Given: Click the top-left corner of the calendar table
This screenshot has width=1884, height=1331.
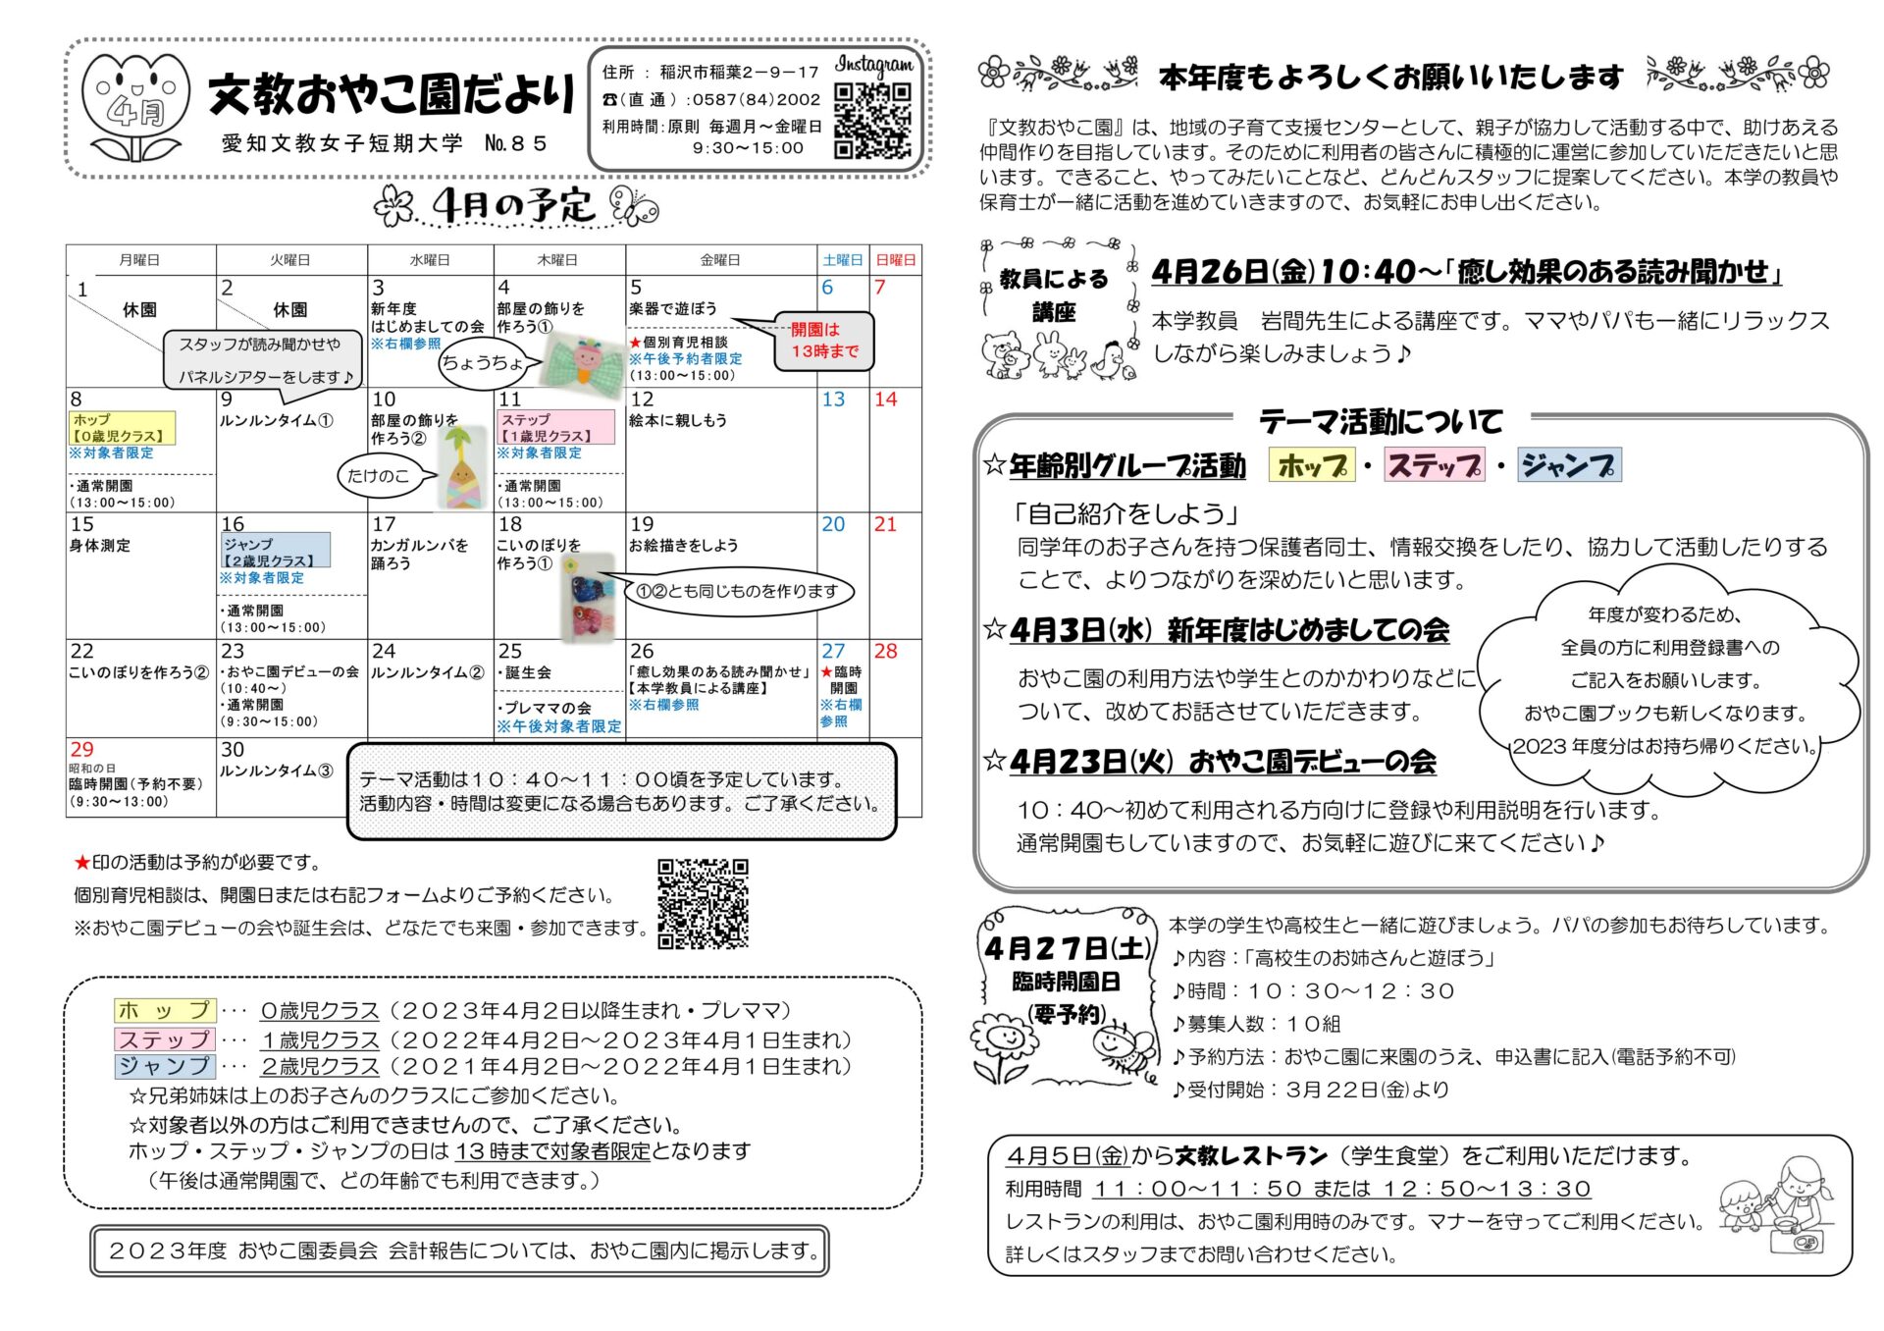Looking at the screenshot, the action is click(67, 245).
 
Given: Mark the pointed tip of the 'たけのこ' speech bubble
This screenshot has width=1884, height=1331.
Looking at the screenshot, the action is click(439, 476).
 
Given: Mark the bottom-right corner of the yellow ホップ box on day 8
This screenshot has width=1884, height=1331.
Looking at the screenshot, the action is click(176, 444).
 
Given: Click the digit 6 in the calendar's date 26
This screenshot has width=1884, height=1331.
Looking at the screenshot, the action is click(648, 651).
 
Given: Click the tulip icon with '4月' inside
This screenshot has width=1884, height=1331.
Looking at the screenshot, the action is click(135, 106).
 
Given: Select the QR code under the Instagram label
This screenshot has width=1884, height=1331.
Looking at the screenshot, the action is click(872, 121).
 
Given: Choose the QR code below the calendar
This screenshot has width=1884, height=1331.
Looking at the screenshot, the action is click(703, 904).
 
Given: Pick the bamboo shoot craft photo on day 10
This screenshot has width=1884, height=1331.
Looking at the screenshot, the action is click(465, 467).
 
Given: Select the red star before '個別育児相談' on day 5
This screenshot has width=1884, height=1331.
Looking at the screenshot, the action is click(635, 343).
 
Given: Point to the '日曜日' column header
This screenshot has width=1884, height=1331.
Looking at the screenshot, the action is click(895, 260).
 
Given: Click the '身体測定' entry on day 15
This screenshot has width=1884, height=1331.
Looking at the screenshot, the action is click(99, 546).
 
